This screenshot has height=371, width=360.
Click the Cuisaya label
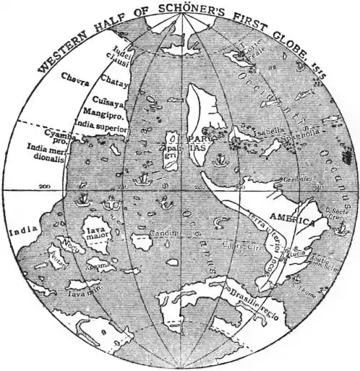point(108,103)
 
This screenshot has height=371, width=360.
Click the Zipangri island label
point(172,148)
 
